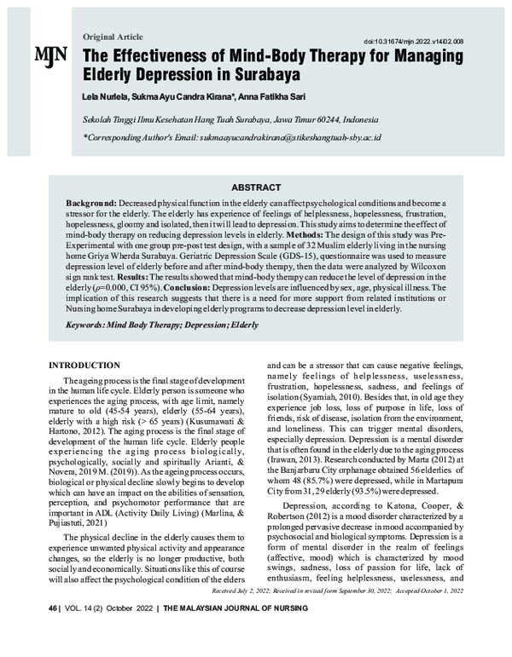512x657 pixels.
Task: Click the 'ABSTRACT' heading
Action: [x=255, y=187]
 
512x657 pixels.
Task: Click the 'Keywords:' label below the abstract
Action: [x=90, y=324]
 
